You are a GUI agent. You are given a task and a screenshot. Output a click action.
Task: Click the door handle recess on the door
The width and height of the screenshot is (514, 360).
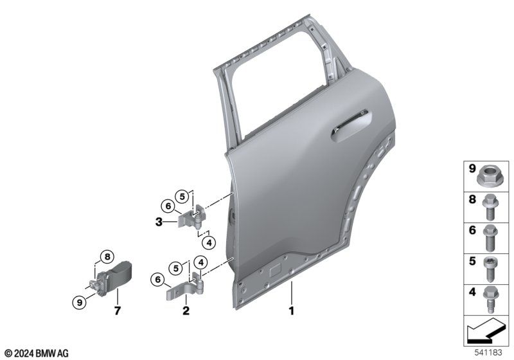pyautogui.click(x=351, y=126)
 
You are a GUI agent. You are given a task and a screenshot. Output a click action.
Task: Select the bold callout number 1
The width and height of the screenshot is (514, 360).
pyautogui.click(x=292, y=310)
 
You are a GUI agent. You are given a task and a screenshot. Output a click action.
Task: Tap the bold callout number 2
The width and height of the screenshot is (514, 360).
pyautogui.click(x=186, y=310)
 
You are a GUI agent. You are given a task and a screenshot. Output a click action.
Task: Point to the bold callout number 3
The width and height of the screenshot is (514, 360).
pyautogui.click(x=159, y=222)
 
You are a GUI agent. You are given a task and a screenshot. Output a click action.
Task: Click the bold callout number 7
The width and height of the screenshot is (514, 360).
pyautogui.click(x=118, y=310)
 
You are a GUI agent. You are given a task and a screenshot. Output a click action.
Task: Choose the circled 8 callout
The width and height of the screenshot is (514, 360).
pyautogui.click(x=107, y=256)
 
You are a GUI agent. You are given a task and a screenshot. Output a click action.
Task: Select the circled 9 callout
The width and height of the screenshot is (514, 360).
pyautogui.click(x=79, y=302)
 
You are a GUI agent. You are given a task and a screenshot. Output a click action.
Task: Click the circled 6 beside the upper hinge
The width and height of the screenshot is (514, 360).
pyautogui.click(x=168, y=206)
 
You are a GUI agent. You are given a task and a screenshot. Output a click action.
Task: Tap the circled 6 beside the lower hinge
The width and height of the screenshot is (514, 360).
pyautogui.click(x=157, y=280)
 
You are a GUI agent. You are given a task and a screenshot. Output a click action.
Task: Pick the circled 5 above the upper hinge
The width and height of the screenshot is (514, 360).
pyautogui.click(x=182, y=197)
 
